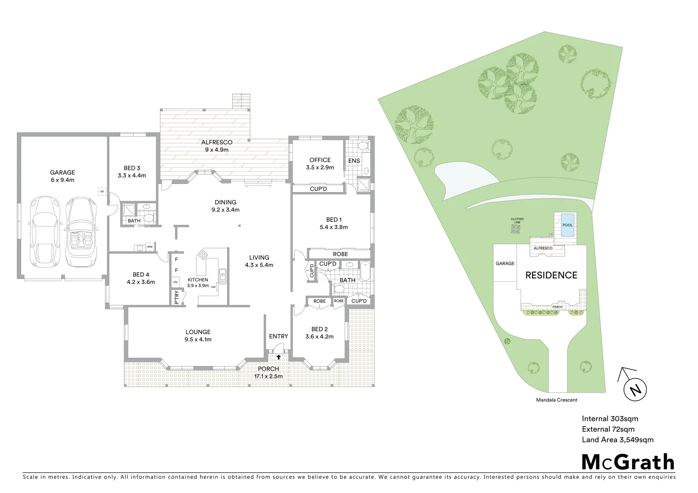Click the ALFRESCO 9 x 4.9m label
click(x=217, y=146)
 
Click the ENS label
click(x=354, y=161)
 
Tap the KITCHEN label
click(x=197, y=280)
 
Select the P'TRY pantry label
click(x=177, y=297)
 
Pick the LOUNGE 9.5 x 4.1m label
click(x=198, y=336)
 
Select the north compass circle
click(x=635, y=390)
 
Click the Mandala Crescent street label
click(x=556, y=400)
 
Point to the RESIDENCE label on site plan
click(x=551, y=275)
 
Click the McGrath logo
click(x=628, y=462)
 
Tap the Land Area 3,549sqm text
click(x=617, y=440)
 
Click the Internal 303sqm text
click(x=610, y=419)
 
